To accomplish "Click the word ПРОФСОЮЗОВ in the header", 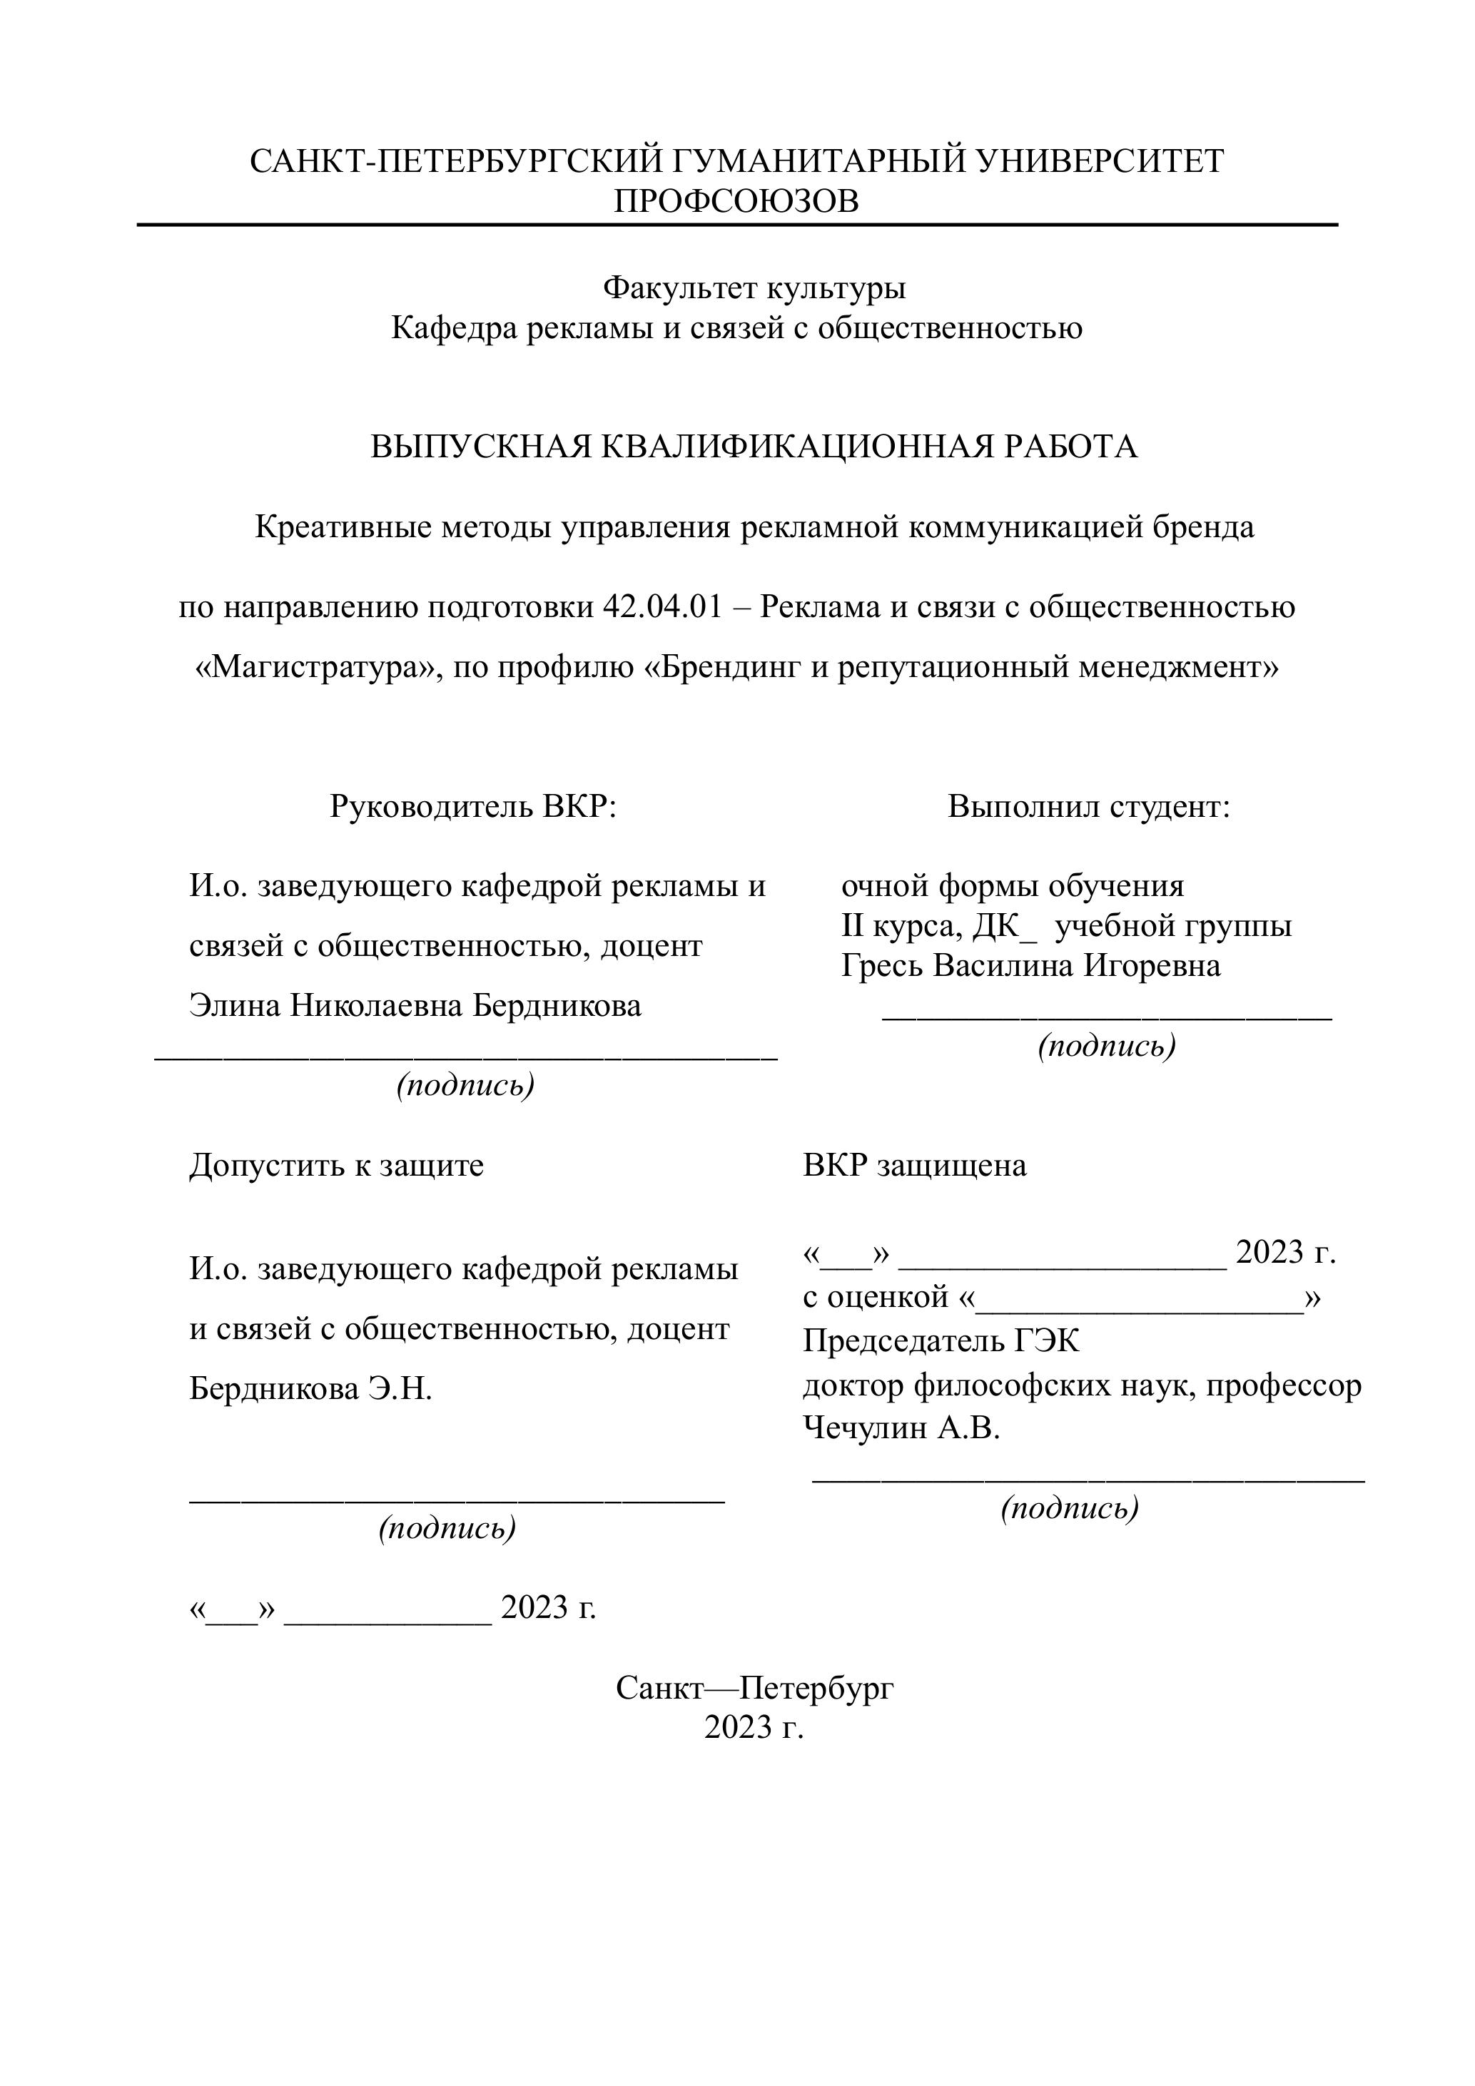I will pos(736,200).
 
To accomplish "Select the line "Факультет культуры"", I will pos(754,288).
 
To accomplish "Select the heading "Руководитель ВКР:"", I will pos(472,806).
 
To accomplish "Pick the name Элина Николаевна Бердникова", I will pos(415,1005).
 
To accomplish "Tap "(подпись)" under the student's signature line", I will pos(1106,1046).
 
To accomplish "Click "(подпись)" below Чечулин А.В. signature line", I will pos(1070,1508).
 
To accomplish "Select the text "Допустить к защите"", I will pos(336,1165).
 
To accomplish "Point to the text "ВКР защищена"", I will pos(914,1165).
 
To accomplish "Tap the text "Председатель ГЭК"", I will pos(941,1341).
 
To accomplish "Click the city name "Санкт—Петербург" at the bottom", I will pos(754,1688).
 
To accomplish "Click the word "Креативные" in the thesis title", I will pos(343,527).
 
